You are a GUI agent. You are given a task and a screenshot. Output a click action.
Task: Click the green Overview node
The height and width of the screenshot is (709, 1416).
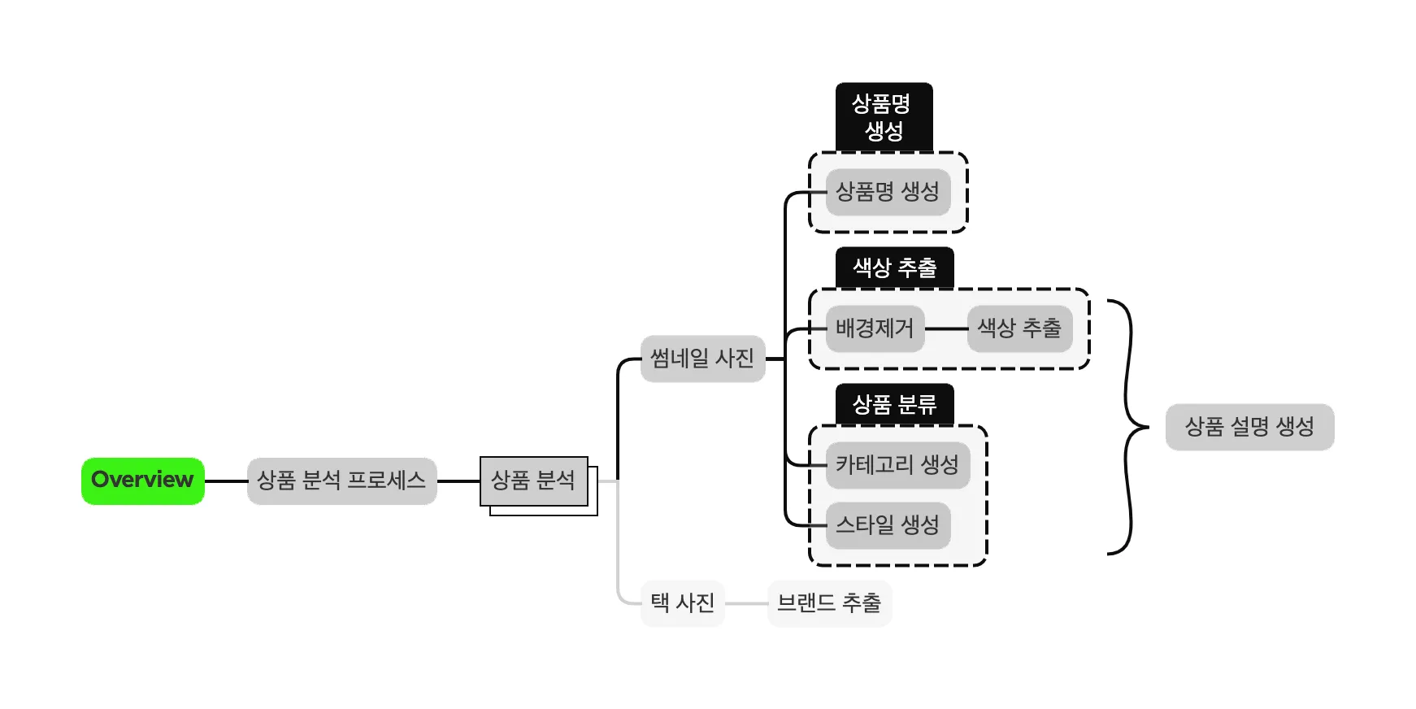pyautogui.click(x=143, y=481)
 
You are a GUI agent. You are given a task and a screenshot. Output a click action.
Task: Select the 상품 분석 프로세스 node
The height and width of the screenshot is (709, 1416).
pyautogui.click(x=341, y=481)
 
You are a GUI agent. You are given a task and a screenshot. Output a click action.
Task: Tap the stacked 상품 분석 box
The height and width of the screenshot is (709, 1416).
pyautogui.click(x=534, y=481)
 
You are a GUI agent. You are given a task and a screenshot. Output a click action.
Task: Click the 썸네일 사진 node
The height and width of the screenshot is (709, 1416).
pyautogui.click(x=702, y=359)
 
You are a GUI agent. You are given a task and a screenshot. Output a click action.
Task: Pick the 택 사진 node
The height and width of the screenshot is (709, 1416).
pyautogui.click(x=682, y=603)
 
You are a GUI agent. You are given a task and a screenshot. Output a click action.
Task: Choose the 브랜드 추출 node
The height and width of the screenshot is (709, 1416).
pyautogui.click(x=829, y=603)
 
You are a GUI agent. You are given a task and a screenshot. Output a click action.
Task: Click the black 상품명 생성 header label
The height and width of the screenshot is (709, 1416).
pyautogui.click(x=884, y=117)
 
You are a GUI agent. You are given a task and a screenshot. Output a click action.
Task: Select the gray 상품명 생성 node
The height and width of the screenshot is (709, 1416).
pyautogui.click(x=888, y=192)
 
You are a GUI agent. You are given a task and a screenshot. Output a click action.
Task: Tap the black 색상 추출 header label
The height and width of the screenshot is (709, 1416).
pyautogui.click(x=894, y=268)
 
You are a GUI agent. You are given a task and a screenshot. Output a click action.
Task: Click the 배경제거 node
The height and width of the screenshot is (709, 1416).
pyautogui.click(x=875, y=328)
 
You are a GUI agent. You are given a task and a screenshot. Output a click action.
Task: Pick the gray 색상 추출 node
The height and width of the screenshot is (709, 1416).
pyautogui.click(x=1019, y=328)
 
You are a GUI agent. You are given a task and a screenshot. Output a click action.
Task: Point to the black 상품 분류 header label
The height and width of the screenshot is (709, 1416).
pyautogui.click(x=894, y=404)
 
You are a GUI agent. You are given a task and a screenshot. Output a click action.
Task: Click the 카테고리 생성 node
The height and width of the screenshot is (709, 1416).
pyautogui.click(x=897, y=465)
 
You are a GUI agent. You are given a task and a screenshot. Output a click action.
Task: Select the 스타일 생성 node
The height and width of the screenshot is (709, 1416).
pyautogui.click(x=888, y=525)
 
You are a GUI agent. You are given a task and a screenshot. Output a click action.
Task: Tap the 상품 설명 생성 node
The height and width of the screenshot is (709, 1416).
pyautogui.click(x=1249, y=427)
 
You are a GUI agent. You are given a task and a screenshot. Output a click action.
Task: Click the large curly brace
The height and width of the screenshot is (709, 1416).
pyautogui.click(x=1129, y=427)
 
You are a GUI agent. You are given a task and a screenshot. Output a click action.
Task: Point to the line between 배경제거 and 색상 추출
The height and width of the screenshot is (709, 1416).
pyautogui.click(x=946, y=329)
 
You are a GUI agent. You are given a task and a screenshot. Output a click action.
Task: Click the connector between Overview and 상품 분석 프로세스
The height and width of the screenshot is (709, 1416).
pyautogui.click(x=226, y=481)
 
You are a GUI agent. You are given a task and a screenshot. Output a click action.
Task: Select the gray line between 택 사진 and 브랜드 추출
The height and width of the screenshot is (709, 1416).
pyautogui.click(x=746, y=604)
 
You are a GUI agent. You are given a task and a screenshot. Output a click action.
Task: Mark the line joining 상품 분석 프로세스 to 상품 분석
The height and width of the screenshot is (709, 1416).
pyautogui.click(x=458, y=481)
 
